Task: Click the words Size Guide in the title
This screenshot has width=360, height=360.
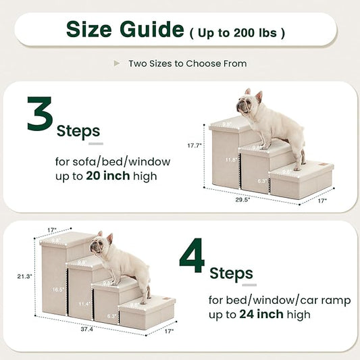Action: coord(124,30)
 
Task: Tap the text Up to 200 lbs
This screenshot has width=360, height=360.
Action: coord(237,32)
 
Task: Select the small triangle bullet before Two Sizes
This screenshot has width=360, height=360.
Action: coord(117,63)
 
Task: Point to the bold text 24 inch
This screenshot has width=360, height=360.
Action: coord(264,314)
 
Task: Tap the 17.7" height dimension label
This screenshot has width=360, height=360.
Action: coord(196,145)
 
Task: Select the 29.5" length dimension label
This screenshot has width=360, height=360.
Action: coord(252,199)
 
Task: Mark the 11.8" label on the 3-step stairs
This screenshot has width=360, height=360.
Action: coord(231,160)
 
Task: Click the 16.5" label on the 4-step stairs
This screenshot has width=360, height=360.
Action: coord(59,289)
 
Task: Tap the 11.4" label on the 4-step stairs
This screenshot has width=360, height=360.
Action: coord(84,304)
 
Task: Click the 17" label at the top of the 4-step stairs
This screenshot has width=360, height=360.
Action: coord(52,229)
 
